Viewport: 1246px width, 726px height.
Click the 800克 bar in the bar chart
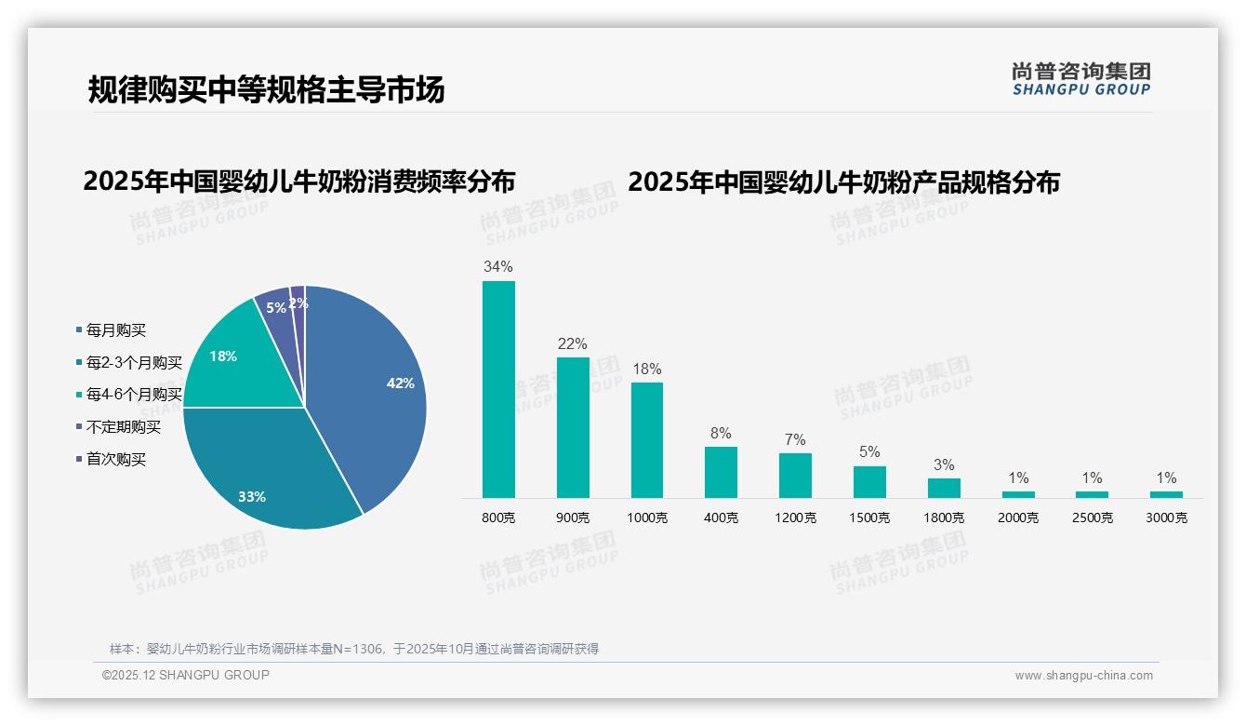point(498,389)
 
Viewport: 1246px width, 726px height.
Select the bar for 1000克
point(647,439)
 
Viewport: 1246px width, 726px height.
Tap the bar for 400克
point(721,472)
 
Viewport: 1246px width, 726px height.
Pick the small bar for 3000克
point(1166,494)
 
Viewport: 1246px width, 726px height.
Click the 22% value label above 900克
point(572,344)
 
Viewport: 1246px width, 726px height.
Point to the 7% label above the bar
point(795,440)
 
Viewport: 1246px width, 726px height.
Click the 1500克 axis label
point(869,518)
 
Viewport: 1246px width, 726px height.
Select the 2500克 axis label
point(1093,518)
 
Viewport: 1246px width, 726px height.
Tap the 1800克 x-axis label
point(944,518)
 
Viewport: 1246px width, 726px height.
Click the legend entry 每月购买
point(116,330)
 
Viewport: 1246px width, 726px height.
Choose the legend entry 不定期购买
point(124,427)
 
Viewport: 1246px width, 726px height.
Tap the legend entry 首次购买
point(116,460)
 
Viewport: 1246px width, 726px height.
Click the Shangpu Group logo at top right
point(1080,79)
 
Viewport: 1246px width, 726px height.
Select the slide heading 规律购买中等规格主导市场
point(266,89)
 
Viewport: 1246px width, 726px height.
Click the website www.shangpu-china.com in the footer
point(1083,676)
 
